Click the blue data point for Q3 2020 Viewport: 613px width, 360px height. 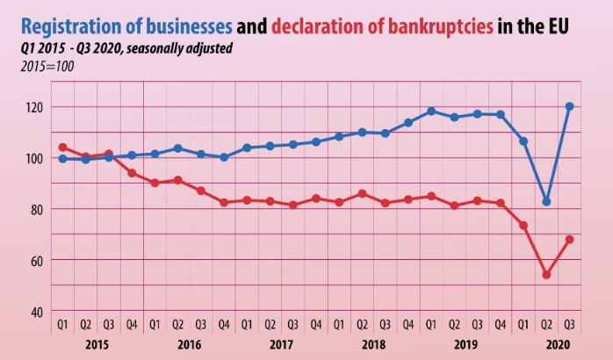click(569, 106)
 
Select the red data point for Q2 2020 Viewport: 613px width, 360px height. click(546, 275)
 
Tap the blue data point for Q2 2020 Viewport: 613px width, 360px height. click(546, 202)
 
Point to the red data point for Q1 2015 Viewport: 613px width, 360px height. click(63, 148)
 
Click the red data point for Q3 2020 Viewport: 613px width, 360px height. click(569, 239)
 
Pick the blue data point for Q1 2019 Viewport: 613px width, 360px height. click(431, 112)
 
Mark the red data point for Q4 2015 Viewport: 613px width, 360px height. click(132, 173)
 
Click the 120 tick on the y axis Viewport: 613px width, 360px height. click(35, 107)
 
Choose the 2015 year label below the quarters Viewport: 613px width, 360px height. click(97, 345)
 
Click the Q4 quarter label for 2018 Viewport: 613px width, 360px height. click(408, 324)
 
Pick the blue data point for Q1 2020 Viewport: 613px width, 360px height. click(523, 141)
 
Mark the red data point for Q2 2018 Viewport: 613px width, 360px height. click(362, 193)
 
